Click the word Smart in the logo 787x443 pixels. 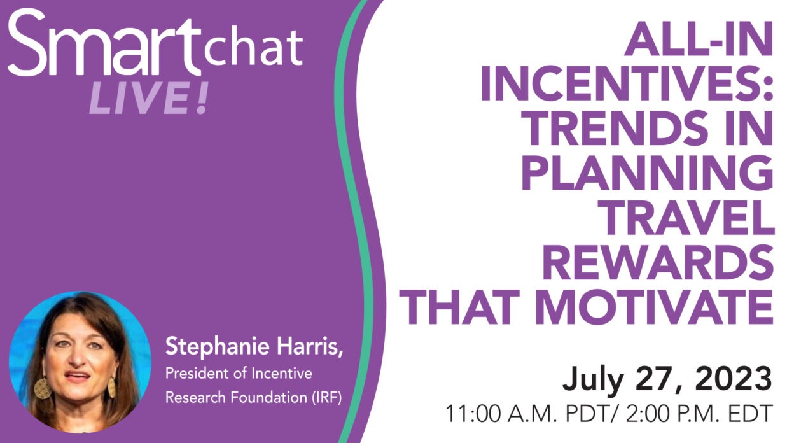[104, 42]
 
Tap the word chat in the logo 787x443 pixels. [253, 48]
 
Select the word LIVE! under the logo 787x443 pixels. [149, 98]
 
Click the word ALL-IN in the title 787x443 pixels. [699, 39]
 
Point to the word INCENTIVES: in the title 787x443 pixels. [627, 83]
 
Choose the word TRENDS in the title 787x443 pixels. [615, 128]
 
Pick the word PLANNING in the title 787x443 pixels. [648, 172]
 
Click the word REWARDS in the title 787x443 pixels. [658, 262]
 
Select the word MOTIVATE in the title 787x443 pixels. [654, 307]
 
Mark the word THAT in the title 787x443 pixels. [459, 307]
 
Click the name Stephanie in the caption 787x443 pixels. [217, 347]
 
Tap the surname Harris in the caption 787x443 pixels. [308, 346]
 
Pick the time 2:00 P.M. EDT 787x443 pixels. [699, 414]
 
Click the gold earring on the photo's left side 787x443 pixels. [43, 388]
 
